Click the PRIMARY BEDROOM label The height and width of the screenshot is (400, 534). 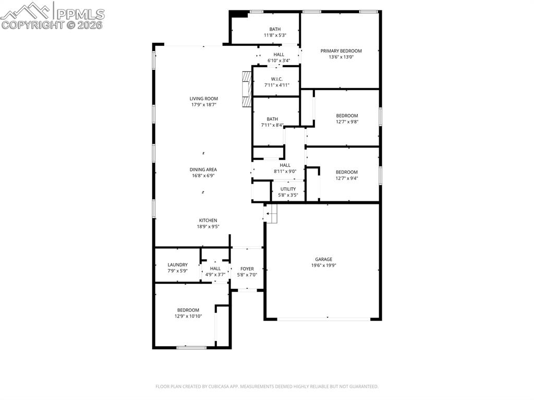[341, 51]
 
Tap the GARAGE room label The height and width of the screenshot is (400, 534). [323, 259]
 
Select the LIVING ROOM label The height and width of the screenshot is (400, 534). [203, 99]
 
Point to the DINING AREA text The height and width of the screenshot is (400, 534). [203, 169]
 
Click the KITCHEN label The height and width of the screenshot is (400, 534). [208, 221]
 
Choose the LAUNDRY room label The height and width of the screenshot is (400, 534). [177, 265]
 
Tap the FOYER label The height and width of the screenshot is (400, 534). [247, 269]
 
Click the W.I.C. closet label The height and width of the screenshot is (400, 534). [276, 79]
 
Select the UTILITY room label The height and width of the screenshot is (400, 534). [288, 189]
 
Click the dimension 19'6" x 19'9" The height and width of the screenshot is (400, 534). [323, 265]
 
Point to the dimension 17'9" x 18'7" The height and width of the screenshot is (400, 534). [203, 105]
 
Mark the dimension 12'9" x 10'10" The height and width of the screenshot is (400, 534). [188, 316]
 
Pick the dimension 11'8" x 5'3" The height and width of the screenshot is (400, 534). [275, 35]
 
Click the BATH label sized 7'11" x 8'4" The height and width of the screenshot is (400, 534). [272, 119]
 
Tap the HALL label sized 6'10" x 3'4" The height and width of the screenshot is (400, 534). [279, 54]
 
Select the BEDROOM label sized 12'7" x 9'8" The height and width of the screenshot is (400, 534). [347, 116]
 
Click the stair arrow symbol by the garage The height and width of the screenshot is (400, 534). [270, 213]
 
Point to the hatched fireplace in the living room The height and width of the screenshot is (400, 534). [246, 89]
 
